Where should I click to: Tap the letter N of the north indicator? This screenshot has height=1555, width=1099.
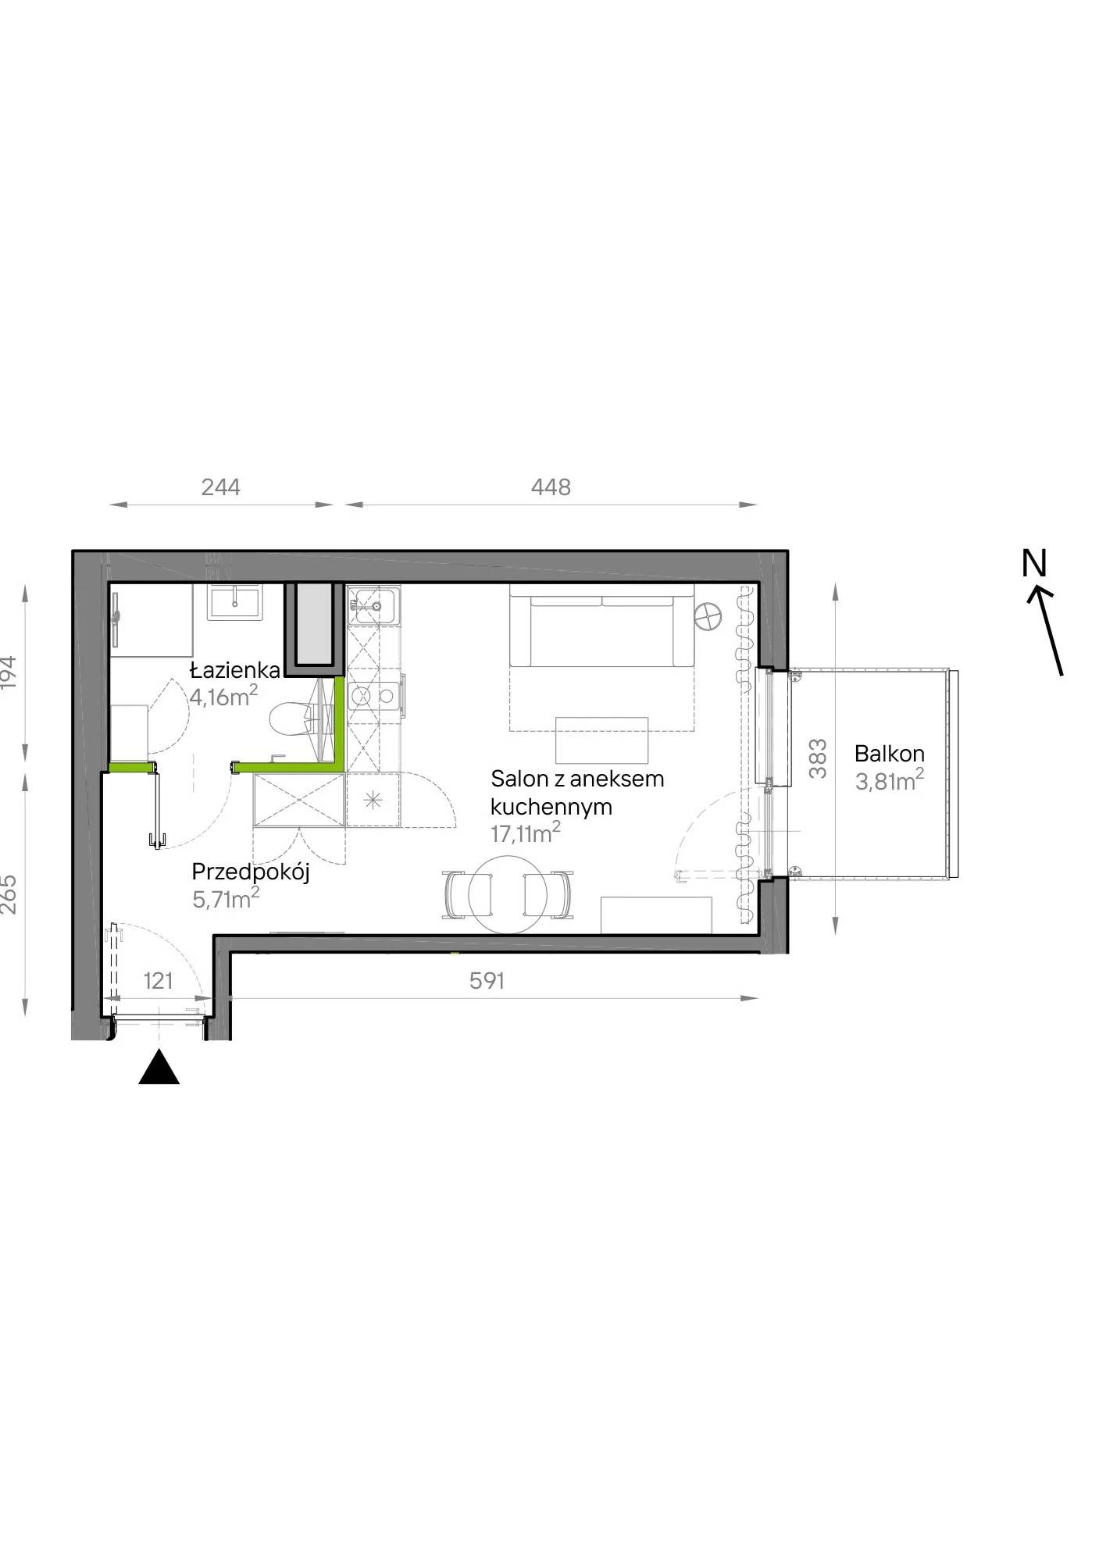click(1034, 564)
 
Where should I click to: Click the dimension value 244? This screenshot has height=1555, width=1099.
click(221, 487)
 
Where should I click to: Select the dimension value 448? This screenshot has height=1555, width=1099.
click(551, 487)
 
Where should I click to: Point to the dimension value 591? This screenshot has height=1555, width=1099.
click(487, 980)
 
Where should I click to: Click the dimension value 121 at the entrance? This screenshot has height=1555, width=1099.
click(159, 980)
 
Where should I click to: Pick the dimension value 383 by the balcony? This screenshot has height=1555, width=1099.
click(818, 758)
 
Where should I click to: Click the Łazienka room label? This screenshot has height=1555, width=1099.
click(236, 670)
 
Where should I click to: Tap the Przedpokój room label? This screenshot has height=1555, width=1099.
click(251, 872)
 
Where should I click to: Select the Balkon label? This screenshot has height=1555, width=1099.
click(890, 754)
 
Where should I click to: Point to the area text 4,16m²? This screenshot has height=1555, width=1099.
click(224, 695)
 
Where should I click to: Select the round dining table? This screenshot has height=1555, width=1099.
click(508, 894)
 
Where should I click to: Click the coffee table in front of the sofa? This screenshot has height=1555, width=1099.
click(602, 740)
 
